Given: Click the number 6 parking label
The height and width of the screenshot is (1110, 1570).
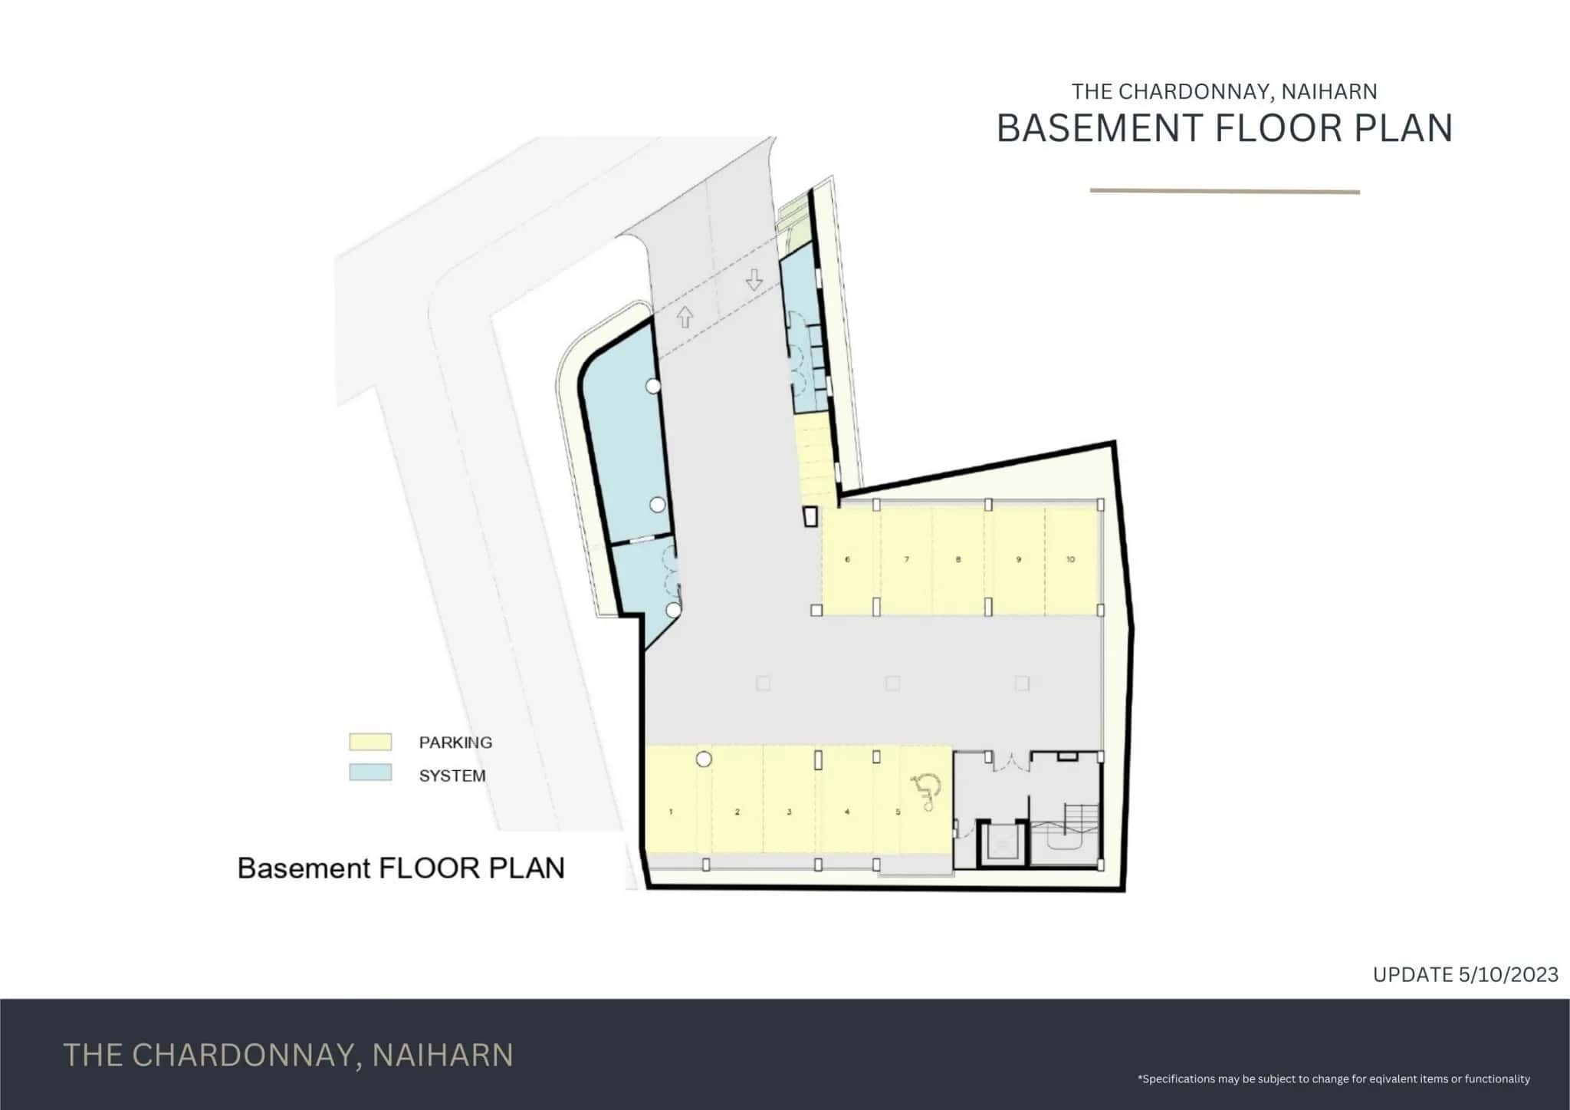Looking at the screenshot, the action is pyautogui.click(x=847, y=559).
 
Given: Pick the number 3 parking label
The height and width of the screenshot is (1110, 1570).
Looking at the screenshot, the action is pyautogui.click(x=789, y=812).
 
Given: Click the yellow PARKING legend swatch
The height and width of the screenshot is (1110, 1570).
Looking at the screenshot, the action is pyautogui.click(x=370, y=742).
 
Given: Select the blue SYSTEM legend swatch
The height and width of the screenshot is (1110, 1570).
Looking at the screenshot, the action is pyautogui.click(x=370, y=772).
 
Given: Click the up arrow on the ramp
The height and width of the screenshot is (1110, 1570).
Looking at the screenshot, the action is pyautogui.click(x=685, y=318).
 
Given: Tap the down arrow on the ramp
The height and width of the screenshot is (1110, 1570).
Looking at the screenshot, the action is pyautogui.click(x=754, y=280).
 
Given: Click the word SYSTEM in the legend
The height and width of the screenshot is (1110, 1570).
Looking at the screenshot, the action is pyautogui.click(x=452, y=776).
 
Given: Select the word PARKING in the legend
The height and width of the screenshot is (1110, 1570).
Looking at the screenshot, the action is pyautogui.click(x=455, y=743).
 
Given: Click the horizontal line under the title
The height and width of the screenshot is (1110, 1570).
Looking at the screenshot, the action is pyautogui.click(x=1225, y=192).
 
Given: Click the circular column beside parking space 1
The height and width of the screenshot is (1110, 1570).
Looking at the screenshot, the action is pyautogui.click(x=703, y=759).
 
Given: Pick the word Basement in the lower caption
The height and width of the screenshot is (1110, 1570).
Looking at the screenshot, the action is pyautogui.click(x=304, y=868).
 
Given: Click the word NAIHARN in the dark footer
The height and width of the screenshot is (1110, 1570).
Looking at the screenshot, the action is pyautogui.click(x=442, y=1055).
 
